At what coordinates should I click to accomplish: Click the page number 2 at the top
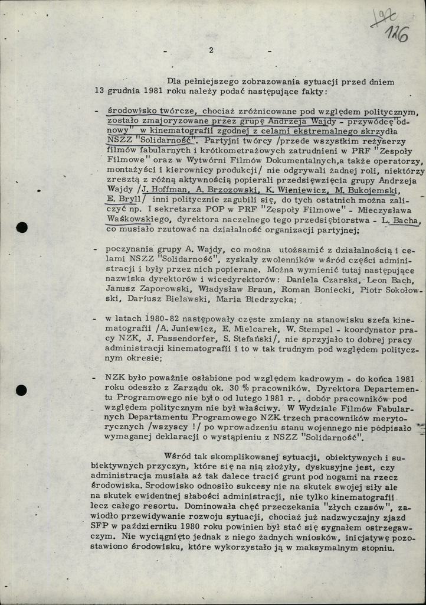211,50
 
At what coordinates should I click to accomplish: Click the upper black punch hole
22,227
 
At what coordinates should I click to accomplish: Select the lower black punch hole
21,390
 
